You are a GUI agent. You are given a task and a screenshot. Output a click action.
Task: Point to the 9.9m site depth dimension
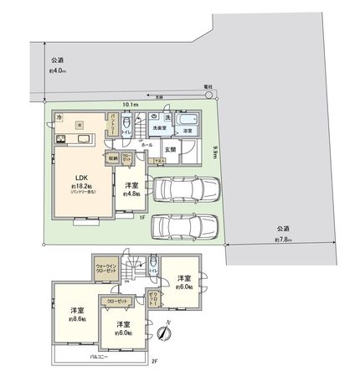click(x=215, y=152)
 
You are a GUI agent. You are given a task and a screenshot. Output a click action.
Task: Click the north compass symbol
click(x=166, y=333)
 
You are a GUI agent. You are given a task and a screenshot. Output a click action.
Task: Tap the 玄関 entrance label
click(x=169, y=149)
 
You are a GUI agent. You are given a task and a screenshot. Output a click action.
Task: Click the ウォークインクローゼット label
click(x=106, y=270)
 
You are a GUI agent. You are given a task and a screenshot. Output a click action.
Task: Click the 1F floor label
click(x=142, y=216)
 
